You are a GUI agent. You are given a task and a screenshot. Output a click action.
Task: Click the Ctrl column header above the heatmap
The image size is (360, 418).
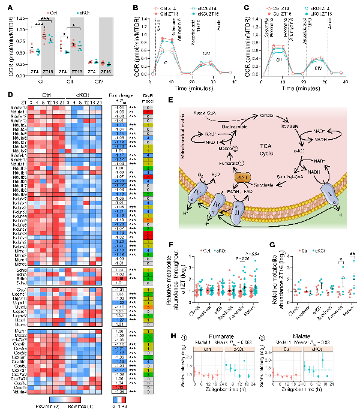point(49,95)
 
